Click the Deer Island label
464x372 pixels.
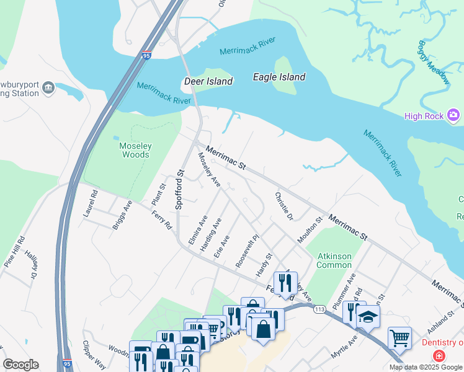tap(208, 81)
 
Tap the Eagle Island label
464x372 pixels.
tap(279, 77)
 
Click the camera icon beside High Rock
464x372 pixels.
tap(454, 115)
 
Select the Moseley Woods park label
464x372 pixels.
tap(135, 150)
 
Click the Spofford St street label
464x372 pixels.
tap(181, 190)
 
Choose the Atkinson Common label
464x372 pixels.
tap(335, 260)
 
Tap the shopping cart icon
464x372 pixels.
tap(399, 337)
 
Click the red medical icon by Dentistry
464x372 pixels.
tap(439, 356)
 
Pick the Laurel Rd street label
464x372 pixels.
tap(91, 203)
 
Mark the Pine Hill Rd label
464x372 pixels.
tap(14, 251)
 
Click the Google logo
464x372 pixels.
tap(21, 364)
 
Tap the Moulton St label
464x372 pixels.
tap(310, 231)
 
